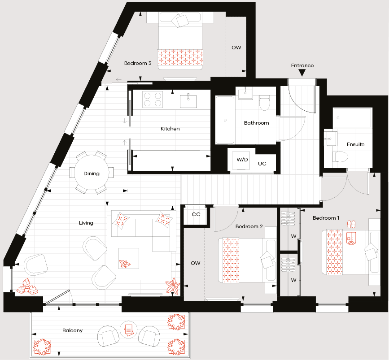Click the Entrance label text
(x=302, y=65)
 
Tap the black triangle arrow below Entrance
(x=302, y=73)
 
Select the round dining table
(x=92, y=173)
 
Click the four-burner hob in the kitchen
(x=153, y=100)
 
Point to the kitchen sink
(x=188, y=101)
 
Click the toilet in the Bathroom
(x=264, y=104)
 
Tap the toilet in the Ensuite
(x=341, y=156)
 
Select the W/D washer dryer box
(x=242, y=160)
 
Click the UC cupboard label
(x=262, y=164)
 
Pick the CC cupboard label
(x=196, y=214)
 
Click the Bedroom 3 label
(x=138, y=63)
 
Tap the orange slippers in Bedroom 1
(x=351, y=224)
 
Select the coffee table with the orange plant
(x=129, y=258)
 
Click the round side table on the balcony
(x=128, y=330)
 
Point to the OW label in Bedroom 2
(x=196, y=263)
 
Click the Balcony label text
(x=72, y=330)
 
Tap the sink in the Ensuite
(x=331, y=139)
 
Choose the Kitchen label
(x=170, y=129)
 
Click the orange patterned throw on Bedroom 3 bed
(x=180, y=57)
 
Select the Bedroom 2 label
(x=249, y=226)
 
